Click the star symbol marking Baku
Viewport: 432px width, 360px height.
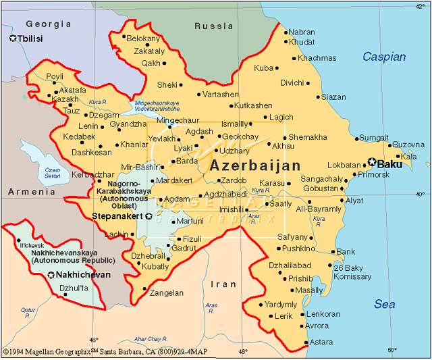click(x=371, y=163)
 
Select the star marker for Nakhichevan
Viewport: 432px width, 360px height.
click(x=51, y=275)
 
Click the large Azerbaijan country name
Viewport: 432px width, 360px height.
click(x=255, y=165)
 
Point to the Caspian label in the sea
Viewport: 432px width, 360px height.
click(x=384, y=57)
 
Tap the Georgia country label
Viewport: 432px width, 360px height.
click(x=48, y=24)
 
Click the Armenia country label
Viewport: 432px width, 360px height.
click(x=31, y=192)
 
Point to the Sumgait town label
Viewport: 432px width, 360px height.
click(x=373, y=138)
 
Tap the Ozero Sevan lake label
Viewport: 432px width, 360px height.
click(x=52, y=172)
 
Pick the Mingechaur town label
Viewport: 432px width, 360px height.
click(x=178, y=120)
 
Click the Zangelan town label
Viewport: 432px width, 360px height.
click(x=166, y=293)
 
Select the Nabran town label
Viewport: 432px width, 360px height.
click(x=301, y=32)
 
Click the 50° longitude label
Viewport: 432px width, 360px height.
click(x=391, y=350)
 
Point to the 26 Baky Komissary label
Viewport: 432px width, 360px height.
click(x=352, y=272)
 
